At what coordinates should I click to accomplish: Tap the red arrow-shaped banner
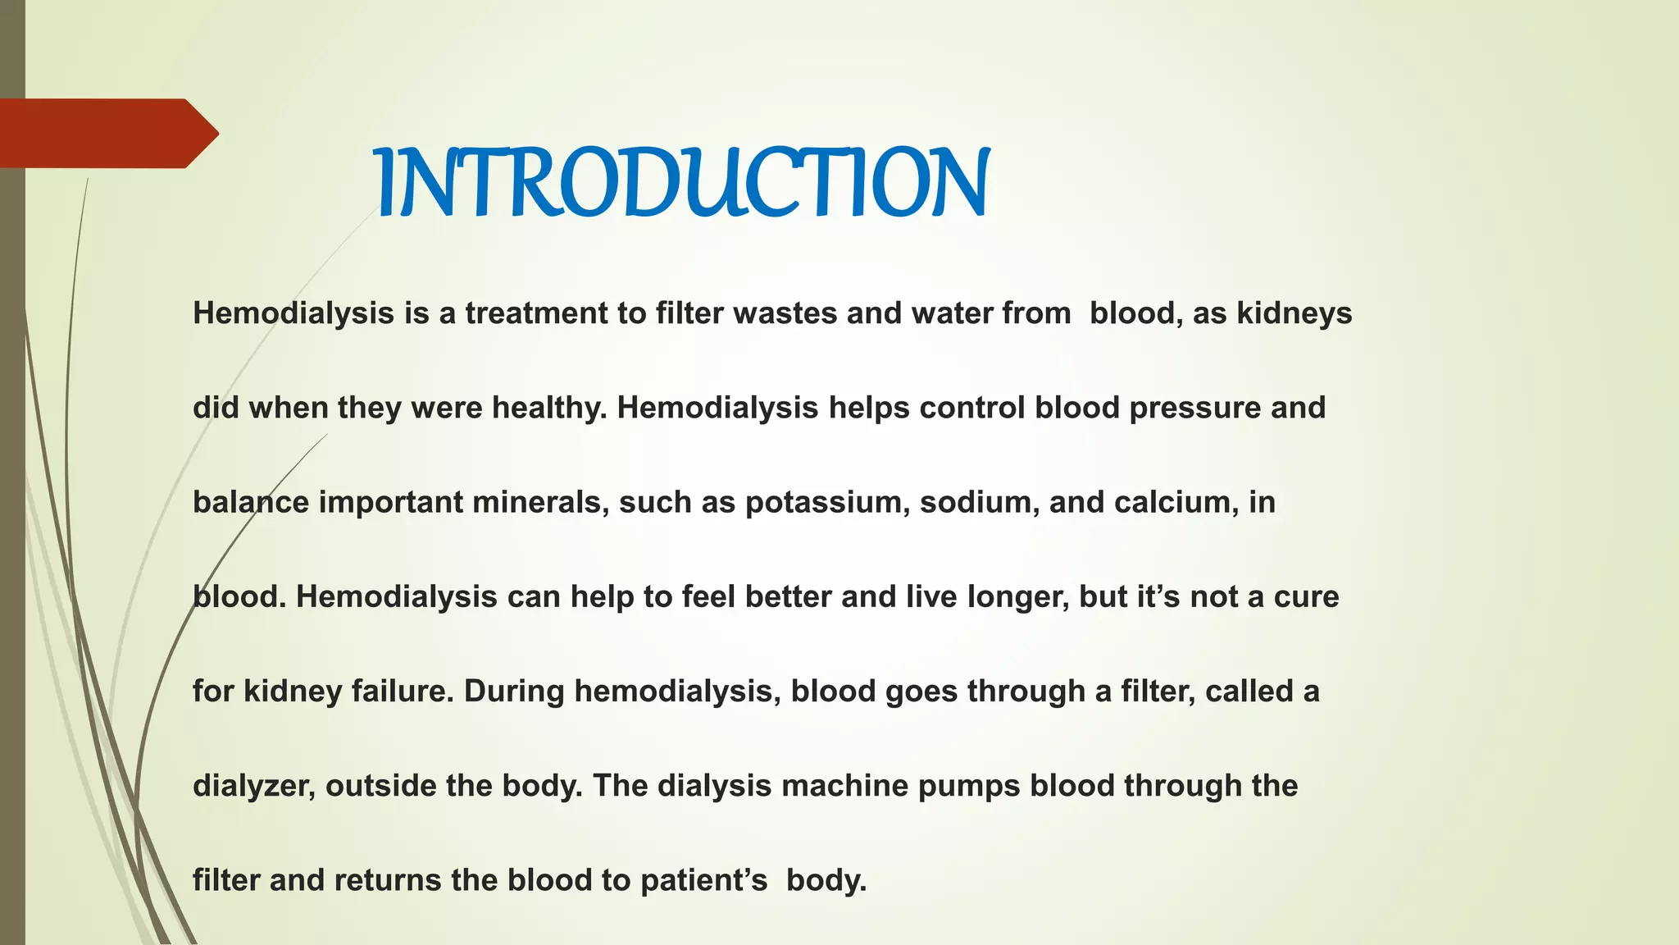tap(107, 133)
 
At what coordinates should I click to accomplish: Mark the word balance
tap(251, 502)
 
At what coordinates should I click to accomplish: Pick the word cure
tap(1306, 597)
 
